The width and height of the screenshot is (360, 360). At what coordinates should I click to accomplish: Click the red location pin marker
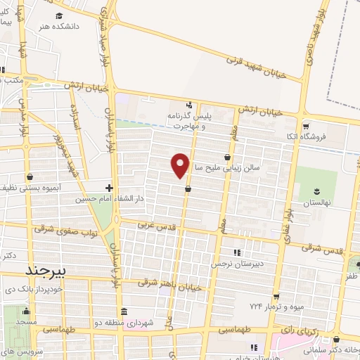point(181,165)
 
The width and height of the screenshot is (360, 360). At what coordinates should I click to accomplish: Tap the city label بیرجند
point(45,271)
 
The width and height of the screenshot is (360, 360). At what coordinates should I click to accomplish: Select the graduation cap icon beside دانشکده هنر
point(59,15)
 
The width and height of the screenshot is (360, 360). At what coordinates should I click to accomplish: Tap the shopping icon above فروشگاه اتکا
point(304,126)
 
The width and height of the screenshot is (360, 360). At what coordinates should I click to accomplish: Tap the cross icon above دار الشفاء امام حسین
point(109,188)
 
